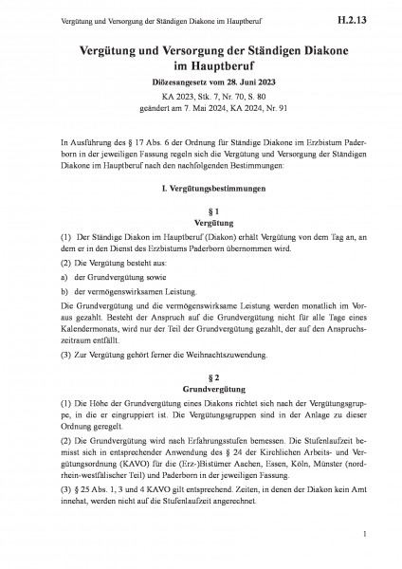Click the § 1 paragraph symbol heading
click(x=201, y=209)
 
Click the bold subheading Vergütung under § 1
click(x=201, y=220)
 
